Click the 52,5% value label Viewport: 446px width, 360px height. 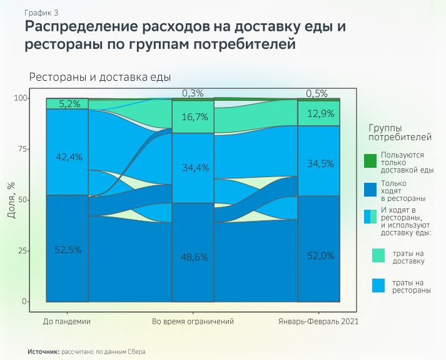pyautogui.click(x=67, y=250)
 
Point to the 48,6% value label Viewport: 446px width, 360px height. pyautogui.click(x=193, y=257)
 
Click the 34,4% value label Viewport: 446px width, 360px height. pyautogui.click(x=193, y=168)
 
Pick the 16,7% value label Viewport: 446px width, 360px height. pyautogui.click(x=193, y=117)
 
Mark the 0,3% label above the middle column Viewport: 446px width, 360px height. pyautogui.click(x=193, y=93)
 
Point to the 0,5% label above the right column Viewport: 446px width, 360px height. pyautogui.click(x=317, y=93)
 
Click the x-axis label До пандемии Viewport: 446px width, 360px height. pyautogui.click(x=67, y=321)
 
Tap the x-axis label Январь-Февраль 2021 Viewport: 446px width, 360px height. pyautogui.click(x=318, y=321)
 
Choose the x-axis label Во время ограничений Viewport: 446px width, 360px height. pyautogui.click(x=193, y=321)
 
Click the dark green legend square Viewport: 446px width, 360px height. pyautogui.click(x=372, y=161)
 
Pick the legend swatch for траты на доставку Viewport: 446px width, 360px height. pyautogui.click(x=378, y=255)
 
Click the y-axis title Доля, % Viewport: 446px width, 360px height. pyautogui.click(x=11, y=200)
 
